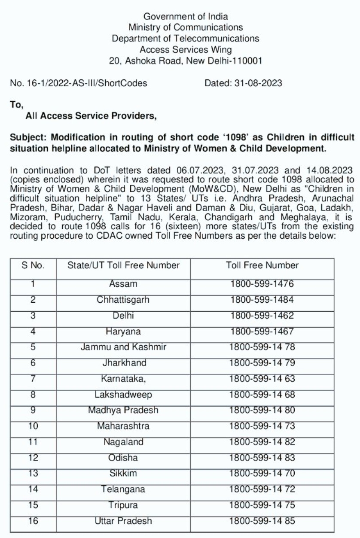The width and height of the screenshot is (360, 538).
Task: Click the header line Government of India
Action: point(186,17)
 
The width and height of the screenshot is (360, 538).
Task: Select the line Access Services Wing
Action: point(186,49)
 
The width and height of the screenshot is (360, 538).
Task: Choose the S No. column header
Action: point(33,265)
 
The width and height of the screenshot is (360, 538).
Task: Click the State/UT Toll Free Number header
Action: point(123,265)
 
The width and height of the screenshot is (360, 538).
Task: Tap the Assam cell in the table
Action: point(123,284)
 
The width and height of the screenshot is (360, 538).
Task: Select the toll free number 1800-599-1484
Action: point(262,300)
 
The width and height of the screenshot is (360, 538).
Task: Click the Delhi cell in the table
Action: point(123,316)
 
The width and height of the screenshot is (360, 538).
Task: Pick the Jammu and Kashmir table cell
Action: point(123,347)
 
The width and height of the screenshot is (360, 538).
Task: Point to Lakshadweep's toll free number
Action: point(262,395)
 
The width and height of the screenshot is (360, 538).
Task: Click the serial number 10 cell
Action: point(33,426)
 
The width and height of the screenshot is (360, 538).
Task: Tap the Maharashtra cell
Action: point(123,426)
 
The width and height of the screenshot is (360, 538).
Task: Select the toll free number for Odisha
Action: point(262,458)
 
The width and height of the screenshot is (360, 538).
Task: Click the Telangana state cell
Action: point(123,489)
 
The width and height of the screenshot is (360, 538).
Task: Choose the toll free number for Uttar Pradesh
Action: point(262,521)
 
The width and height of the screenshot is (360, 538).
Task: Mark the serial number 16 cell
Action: point(33,521)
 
